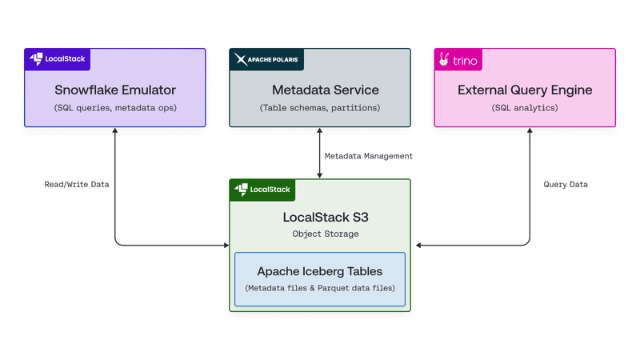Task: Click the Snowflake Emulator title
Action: [x=114, y=90]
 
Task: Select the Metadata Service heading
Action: [x=320, y=90]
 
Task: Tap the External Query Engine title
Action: [x=525, y=90]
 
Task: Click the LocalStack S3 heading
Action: [x=320, y=217]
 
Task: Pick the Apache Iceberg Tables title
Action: [x=320, y=272]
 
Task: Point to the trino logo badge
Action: [x=458, y=60]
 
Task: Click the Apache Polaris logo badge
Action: [x=266, y=60]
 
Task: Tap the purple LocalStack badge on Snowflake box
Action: [x=58, y=59]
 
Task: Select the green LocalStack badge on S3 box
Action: [x=263, y=190]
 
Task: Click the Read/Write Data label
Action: [x=77, y=184]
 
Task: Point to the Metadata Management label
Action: [x=369, y=156]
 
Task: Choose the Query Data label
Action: [x=566, y=184]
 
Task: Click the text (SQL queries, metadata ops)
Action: [x=114, y=107]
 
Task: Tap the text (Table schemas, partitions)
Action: [x=320, y=107]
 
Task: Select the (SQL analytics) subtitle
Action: [x=525, y=107]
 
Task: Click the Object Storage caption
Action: [x=320, y=234]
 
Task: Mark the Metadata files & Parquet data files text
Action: [x=320, y=288]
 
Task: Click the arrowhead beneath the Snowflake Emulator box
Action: [x=115, y=131]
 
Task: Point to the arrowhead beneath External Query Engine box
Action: [x=529, y=131]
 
